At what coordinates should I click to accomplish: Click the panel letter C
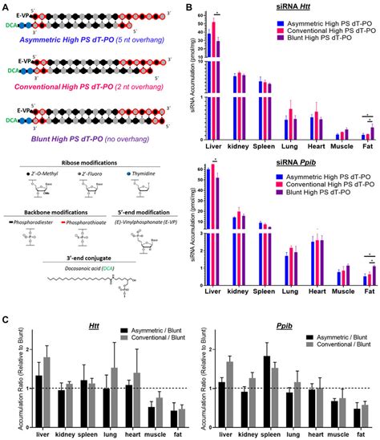6,300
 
